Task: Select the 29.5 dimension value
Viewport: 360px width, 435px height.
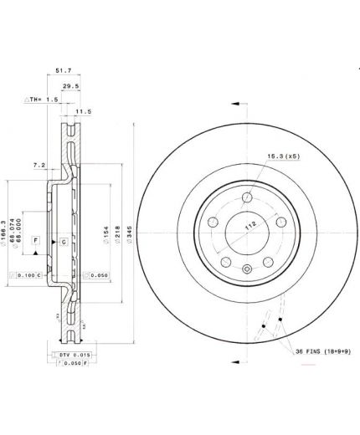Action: [x=95, y=86]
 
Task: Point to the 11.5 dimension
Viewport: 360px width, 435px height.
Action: [x=83, y=110]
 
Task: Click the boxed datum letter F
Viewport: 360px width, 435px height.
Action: [x=36, y=240]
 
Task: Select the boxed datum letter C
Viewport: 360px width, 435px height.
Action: [x=64, y=242]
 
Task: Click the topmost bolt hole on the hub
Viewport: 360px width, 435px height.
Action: [x=246, y=198]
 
